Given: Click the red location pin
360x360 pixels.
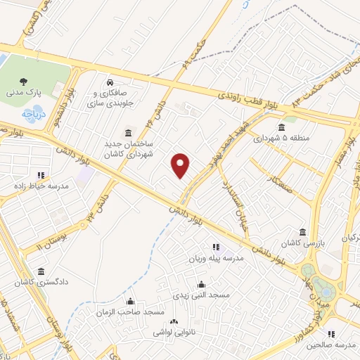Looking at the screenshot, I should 181,165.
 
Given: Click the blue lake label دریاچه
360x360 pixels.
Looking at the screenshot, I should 33,112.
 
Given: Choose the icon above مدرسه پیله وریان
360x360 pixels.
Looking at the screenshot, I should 216,247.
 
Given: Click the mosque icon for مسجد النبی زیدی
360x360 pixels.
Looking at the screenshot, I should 202,284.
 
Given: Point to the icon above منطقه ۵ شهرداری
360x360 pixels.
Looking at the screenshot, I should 281,127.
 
